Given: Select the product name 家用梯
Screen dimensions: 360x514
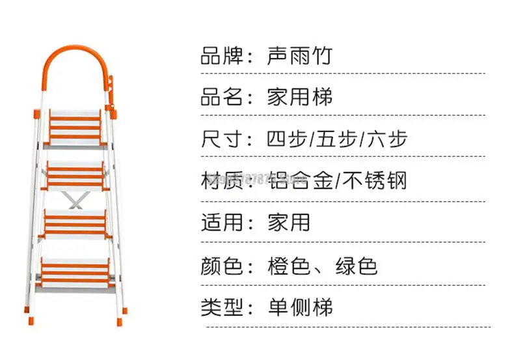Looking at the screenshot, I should pyautogui.click(x=299, y=98).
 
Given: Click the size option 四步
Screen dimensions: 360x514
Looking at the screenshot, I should pyautogui.click(x=286, y=139).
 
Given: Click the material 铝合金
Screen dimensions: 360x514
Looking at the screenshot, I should pyautogui.click(x=299, y=180).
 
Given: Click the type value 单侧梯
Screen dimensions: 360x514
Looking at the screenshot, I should pyautogui.click(x=299, y=306).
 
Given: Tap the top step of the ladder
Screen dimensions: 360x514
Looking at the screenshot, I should pyautogui.click(x=75, y=124).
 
